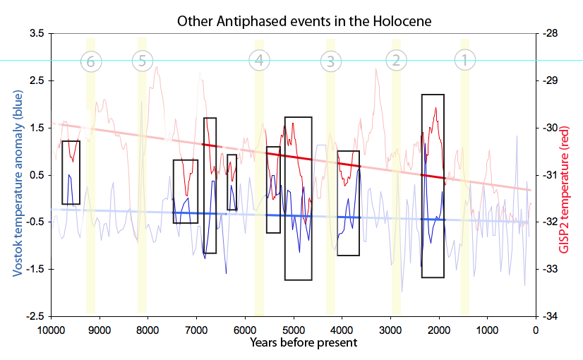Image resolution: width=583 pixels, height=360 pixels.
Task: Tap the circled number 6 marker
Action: coord(90,61)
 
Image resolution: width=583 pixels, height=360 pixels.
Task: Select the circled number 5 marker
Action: coord(142,61)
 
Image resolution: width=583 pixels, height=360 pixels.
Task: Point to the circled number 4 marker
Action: coord(259,61)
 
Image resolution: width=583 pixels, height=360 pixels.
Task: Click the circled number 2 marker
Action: coord(396,61)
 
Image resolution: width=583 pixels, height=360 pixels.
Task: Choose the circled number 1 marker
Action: coord(464,61)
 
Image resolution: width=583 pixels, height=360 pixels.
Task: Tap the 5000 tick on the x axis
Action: coord(293,329)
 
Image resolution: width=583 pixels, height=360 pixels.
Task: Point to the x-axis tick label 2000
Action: coord(438,329)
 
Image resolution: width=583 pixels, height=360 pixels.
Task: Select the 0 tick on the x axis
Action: coord(536,329)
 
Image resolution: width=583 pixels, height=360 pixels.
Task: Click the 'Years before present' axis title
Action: coord(293,342)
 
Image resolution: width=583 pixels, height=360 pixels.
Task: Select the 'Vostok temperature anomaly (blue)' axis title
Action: coord(15,174)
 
